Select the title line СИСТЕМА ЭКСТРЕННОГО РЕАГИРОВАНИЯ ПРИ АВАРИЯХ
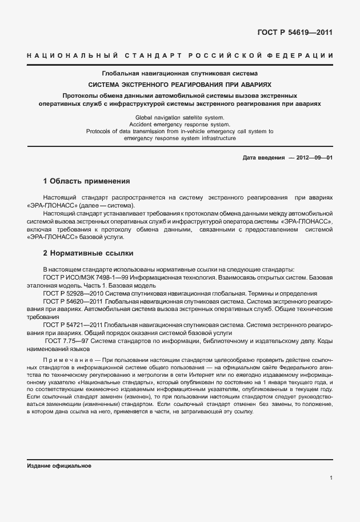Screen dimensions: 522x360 [x=180, y=83]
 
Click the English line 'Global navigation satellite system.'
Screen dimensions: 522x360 [x=180, y=117]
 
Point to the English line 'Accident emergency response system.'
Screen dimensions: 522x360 [x=180, y=123]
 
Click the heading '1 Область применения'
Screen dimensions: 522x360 [x=87, y=181]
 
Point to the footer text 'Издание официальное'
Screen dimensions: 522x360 [x=59, y=465]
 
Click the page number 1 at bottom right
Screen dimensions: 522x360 [x=331, y=477]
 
